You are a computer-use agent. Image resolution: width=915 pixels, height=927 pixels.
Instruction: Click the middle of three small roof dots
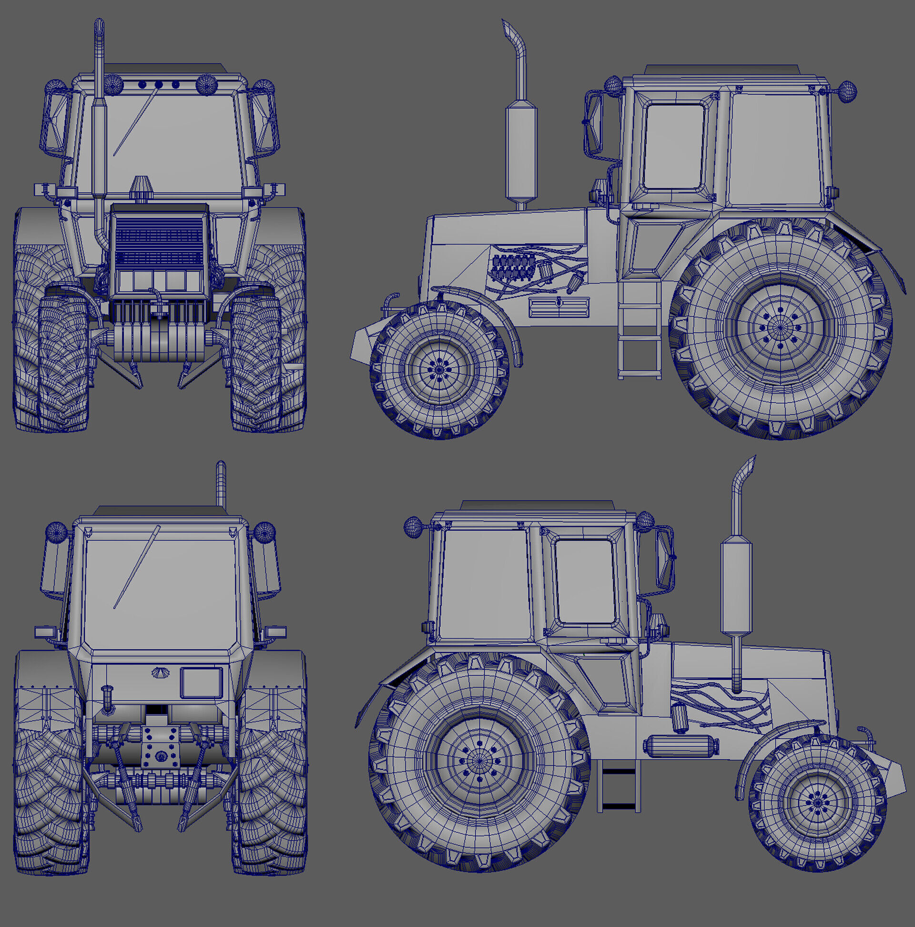point(158,84)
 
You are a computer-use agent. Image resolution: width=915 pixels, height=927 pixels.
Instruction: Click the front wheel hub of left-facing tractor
point(437,368)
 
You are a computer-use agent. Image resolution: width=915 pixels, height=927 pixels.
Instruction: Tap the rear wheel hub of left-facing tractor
point(780,328)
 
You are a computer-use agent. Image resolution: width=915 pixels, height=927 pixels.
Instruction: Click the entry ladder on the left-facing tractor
point(640,331)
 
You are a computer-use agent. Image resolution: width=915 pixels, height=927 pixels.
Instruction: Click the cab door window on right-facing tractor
point(585,581)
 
